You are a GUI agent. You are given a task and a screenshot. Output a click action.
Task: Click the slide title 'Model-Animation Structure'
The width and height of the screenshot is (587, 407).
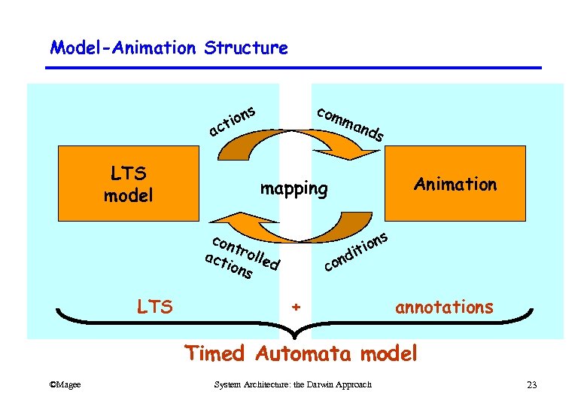pos(169,48)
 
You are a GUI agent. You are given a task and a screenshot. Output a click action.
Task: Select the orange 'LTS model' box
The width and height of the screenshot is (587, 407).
pos(129,184)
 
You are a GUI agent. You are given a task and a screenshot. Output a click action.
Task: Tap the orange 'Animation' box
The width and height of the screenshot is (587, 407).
pos(455,184)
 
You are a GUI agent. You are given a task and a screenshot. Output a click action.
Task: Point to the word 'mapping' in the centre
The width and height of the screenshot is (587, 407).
pos(294,188)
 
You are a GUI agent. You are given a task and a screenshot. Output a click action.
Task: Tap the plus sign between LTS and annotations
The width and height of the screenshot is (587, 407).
pos(296,307)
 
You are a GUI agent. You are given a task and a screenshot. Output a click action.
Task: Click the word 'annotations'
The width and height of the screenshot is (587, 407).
pos(444,307)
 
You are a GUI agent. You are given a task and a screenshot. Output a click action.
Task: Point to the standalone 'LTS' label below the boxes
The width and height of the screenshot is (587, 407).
pos(154,307)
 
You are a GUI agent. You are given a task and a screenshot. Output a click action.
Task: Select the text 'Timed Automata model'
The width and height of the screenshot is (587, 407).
pos(300,353)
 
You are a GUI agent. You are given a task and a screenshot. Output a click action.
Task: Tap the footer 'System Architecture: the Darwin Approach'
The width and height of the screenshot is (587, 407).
pos(293,385)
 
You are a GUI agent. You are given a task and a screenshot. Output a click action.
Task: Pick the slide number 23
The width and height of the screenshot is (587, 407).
pos(531,385)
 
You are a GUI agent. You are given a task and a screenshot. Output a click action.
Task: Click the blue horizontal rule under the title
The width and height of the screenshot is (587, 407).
pos(293,68)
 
